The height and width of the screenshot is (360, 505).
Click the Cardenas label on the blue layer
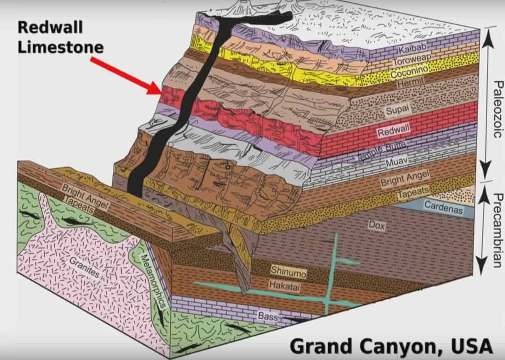point(443,206)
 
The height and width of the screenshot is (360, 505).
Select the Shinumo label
point(288,270)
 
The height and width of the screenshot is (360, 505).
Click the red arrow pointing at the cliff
point(126,76)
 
